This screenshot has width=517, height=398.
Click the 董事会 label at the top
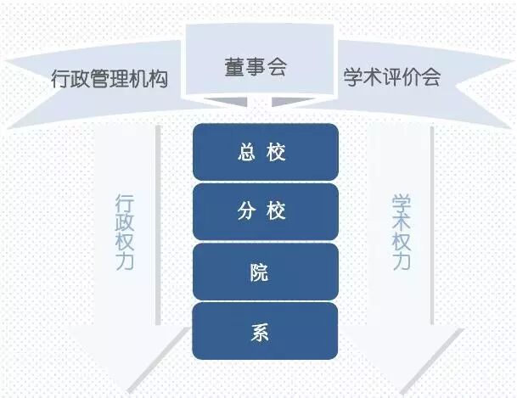pos(256,68)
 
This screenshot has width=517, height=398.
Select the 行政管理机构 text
pos(109,80)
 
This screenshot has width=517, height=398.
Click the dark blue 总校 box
pos(265,153)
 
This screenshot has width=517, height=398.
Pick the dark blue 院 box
pos(265,272)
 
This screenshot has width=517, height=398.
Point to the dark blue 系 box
pos(265,332)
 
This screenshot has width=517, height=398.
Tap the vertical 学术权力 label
pos(402,232)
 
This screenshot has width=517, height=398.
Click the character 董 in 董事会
pos(234,68)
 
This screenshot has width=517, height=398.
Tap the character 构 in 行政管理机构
pos(158,80)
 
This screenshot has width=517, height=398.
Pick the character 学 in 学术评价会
pos(353,78)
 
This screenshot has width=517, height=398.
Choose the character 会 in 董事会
pos(277,68)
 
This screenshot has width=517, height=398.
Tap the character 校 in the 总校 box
pos(277,153)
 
